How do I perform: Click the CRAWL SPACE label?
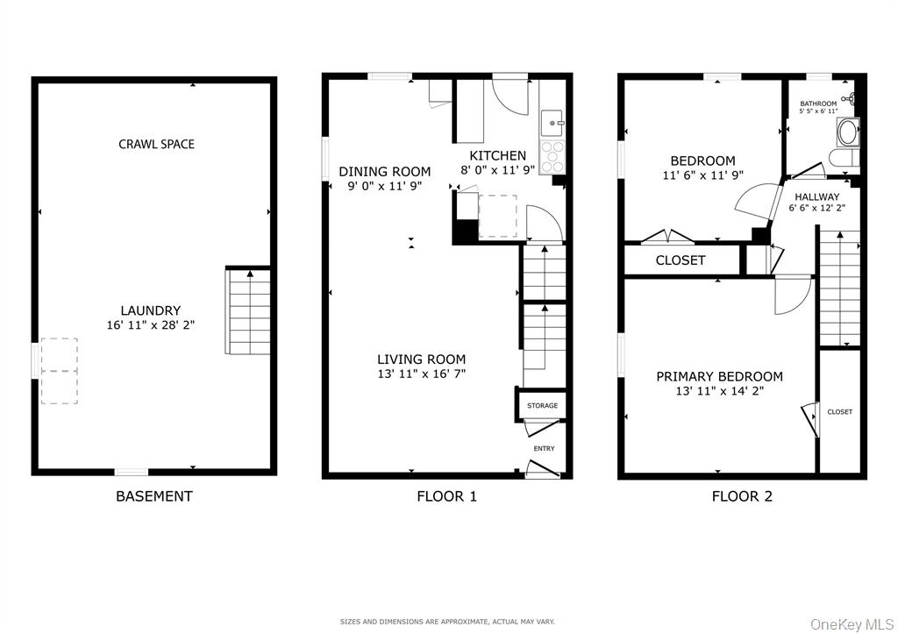(x=156, y=144)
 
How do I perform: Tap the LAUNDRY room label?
(x=151, y=310)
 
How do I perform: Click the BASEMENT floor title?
(x=153, y=496)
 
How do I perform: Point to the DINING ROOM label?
(x=384, y=172)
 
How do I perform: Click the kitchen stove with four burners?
(x=551, y=157)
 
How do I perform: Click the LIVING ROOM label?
(x=421, y=359)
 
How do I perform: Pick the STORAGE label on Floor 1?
(x=542, y=406)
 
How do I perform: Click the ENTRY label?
(x=544, y=449)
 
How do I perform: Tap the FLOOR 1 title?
(x=446, y=496)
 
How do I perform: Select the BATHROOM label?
(x=818, y=103)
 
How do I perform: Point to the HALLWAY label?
(x=817, y=196)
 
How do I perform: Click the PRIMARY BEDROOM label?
(x=719, y=376)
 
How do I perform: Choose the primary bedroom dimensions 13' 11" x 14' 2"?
(x=719, y=391)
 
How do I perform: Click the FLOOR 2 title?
(x=742, y=496)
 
